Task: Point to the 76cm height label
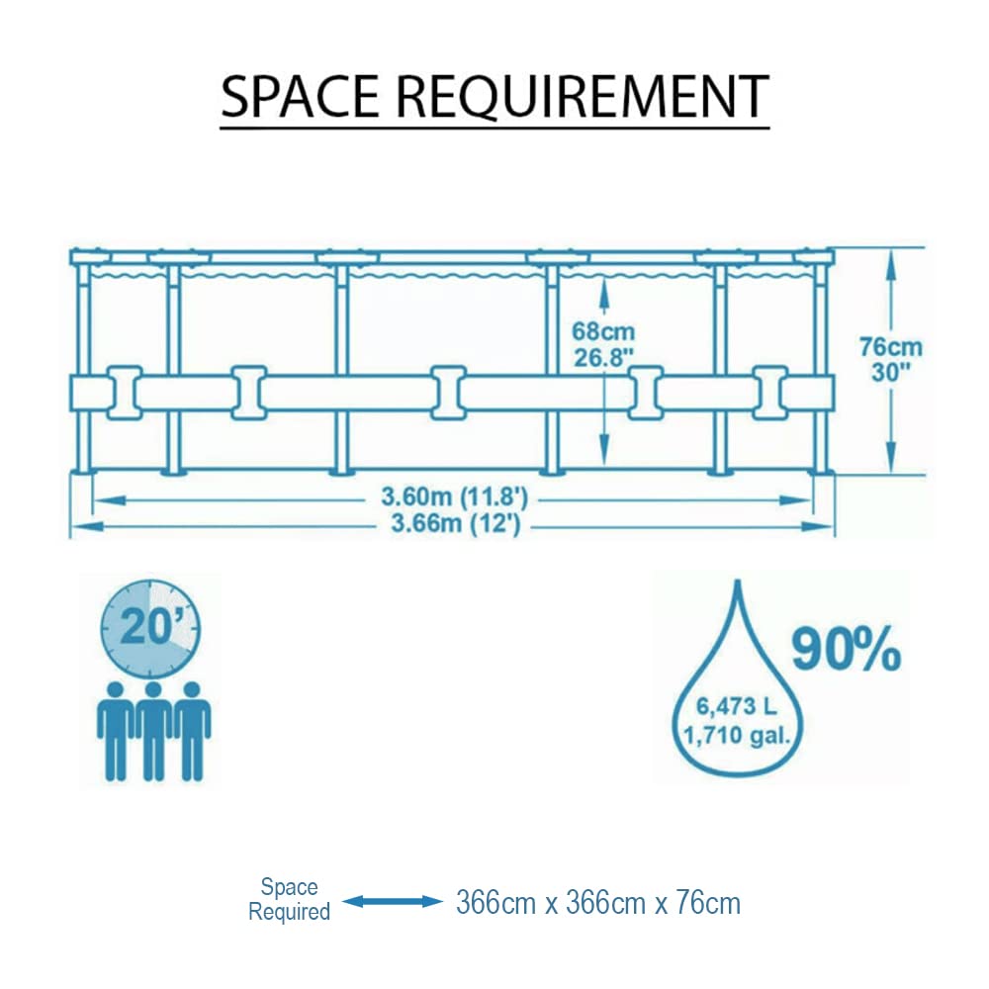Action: (x=890, y=347)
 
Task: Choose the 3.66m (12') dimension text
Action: (x=453, y=524)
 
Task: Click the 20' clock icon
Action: (x=150, y=627)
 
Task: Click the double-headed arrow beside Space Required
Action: (x=392, y=901)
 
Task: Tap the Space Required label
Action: (x=289, y=899)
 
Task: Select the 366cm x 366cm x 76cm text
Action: (x=597, y=902)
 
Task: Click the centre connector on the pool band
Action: (x=448, y=393)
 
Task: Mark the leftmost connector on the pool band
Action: (x=124, y=393)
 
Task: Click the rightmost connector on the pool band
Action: (x=770, y=393)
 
